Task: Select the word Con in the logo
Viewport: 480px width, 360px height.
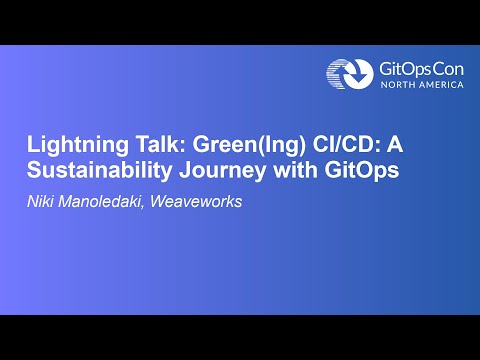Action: tap(450, 68)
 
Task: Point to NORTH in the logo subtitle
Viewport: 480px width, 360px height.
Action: tap(397, 85)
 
